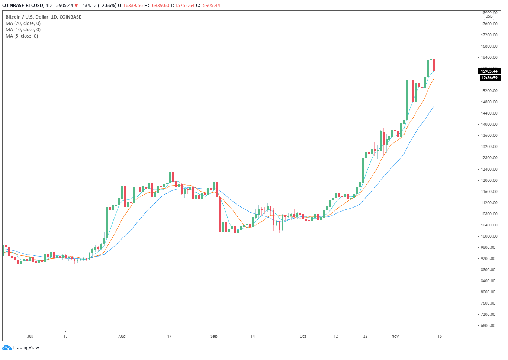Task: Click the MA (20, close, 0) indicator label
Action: [x=23, y=23]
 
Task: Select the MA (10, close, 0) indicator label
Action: [x=23, y=30]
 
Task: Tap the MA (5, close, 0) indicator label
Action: [x=22, y=36]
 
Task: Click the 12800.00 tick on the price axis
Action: [x=489, y=158]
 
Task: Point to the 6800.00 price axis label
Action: [x=488, y=326]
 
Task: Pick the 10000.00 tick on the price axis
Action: [x=489, y=236]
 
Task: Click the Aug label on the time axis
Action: [x=122, y=337]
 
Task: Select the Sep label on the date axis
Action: [x=214, y=337]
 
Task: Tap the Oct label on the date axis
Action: [x=303, y=337]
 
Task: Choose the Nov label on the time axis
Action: [x=395, y=337]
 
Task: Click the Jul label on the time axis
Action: [x=30, y=337]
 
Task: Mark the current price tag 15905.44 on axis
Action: [x=489, y=71]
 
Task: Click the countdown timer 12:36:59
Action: [x=489, y=78]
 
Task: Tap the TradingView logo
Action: [x=21, y=348]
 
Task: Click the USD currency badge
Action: [x=489, y=16]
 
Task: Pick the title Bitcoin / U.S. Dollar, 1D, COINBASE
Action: [x=43, y=17]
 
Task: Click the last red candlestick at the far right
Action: [x=434, y=65]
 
